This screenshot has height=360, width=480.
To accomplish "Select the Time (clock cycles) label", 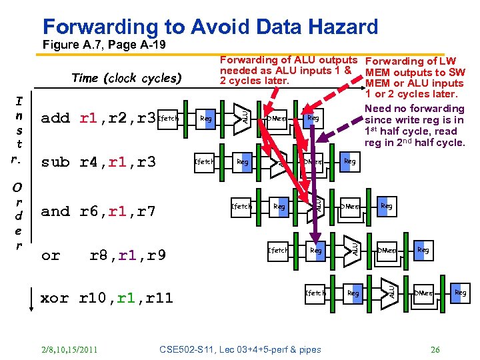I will (x=126, y=78).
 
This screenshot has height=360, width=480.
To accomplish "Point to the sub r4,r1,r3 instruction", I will (x=99, y=162).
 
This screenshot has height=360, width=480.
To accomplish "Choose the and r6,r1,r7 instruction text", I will (x=99, y=212).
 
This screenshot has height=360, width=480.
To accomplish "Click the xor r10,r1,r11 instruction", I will (x=107, y=298).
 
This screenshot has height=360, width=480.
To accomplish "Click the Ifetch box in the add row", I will (x=169, y=119).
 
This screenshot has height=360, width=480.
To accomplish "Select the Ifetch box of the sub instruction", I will (x=204, y=162).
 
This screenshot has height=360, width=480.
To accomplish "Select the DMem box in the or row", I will (x=387, y=251).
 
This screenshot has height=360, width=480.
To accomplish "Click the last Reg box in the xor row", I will (x=460, y=293).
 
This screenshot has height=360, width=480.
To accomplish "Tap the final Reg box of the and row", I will (x=386, y=206).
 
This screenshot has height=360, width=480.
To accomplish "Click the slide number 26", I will (x=435, y=349).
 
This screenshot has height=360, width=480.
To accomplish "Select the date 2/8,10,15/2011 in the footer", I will (x=69, y=349).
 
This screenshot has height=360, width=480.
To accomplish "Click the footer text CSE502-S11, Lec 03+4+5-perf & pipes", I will (x=241, y=349).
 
